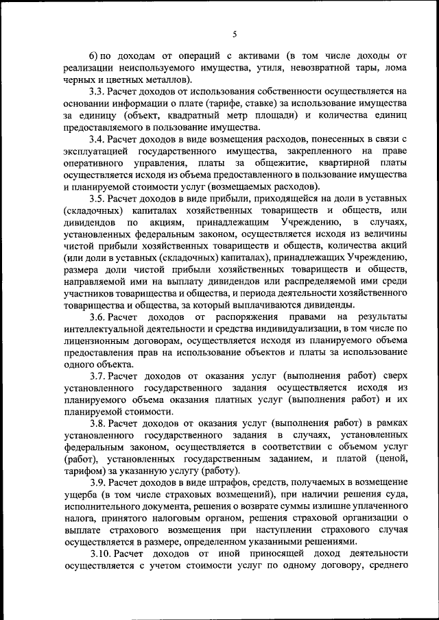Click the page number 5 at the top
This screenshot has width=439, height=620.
coord(234,34)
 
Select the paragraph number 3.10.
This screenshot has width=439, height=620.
coord(102,554)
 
